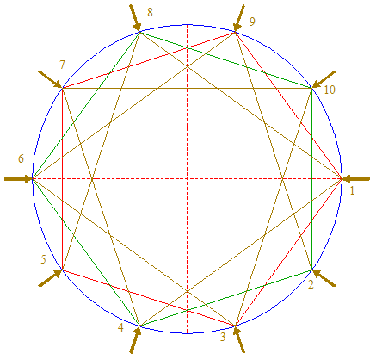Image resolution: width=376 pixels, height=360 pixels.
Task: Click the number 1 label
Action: tap(352, 190)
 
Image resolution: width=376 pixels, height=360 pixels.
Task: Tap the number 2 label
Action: tap(311, 284)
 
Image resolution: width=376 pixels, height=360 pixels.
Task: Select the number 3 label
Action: tap(223, 337)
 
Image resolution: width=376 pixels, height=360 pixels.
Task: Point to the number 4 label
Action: tap(120, 327)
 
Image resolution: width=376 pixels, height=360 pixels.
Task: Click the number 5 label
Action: tap(43, 259)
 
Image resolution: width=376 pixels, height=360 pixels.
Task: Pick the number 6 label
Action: tap(21, 158)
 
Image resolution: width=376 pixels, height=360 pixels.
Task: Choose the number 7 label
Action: tap(62, 65)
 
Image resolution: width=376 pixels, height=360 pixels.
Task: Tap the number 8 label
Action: tap(150, 12)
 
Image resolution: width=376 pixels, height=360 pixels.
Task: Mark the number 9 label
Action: tap(252, 22)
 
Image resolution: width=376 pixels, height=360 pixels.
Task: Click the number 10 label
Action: tap(330, 90)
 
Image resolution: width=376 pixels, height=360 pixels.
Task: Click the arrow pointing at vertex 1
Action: tap(356, 179)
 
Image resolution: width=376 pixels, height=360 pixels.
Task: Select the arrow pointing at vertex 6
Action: tap(19, 179)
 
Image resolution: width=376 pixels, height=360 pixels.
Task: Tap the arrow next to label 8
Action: tap(135, 18)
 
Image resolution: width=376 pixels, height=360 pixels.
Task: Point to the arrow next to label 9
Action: tap(239, 18)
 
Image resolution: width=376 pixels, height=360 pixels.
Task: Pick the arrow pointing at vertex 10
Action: tap(324, 79)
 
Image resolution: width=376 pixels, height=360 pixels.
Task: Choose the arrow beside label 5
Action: tap(50, 278)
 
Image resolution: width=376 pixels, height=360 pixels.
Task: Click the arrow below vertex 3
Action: tap(239, 339)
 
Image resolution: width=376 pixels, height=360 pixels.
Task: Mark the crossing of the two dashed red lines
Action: tap(187, 179)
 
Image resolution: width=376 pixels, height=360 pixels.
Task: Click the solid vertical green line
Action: tap(311, 179)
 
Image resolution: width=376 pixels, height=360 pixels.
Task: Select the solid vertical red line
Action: tap(62, 179)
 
